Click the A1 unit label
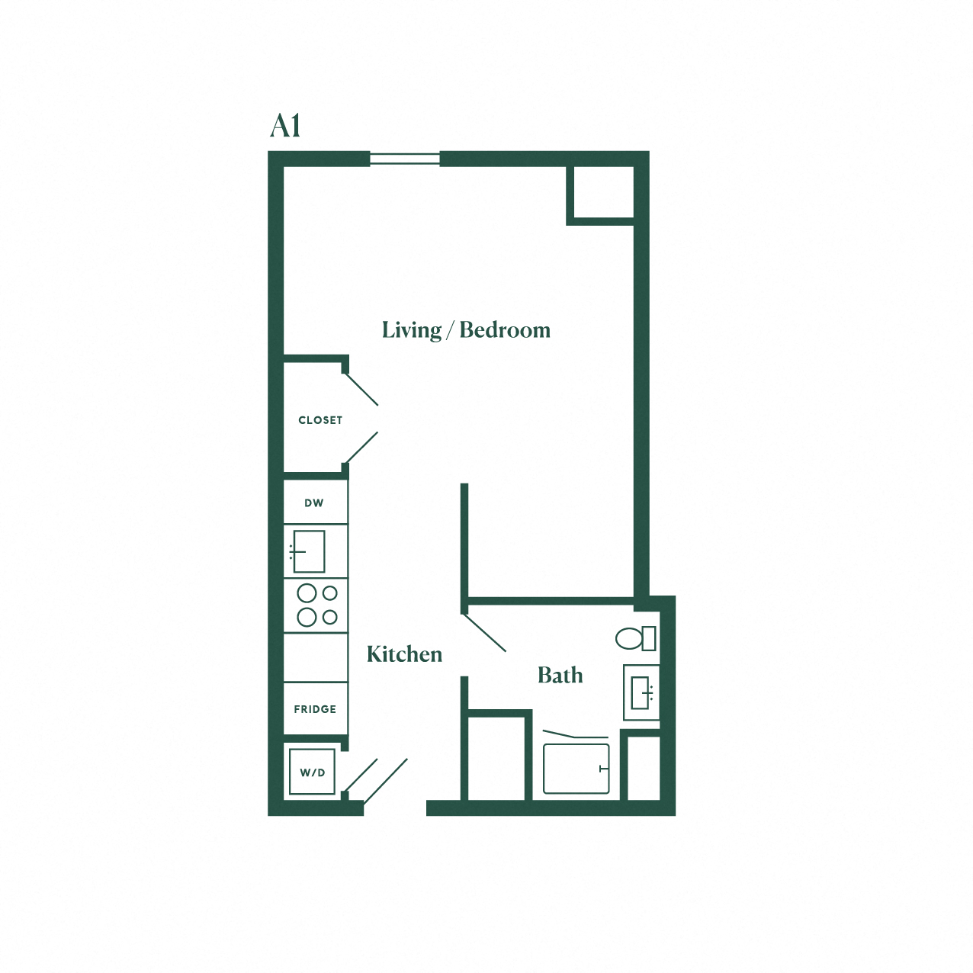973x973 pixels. (x=285, y=126)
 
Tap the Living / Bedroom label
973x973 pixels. (x=466, y=330)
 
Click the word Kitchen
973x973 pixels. (x=404, y=654)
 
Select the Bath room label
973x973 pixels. (x=560, y=675)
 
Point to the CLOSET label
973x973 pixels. (x=320, y=420)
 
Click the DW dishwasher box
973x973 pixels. (x=316, y=502)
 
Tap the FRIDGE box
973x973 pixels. (x=316, y=708)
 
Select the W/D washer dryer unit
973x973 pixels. (x=312, y=772)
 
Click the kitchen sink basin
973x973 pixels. (x=309, y=551)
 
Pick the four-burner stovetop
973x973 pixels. (x=316, y=605)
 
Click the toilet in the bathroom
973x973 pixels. (x=636, y=639)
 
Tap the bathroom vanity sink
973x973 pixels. (x=641, y=692)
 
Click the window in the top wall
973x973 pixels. (x=404, y=159)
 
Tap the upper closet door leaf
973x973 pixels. (x=361, y=390)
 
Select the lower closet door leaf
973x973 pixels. (x=361, y=448)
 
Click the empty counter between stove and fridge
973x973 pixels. (x=316, y=657)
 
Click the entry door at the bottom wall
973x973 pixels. (x=385, y=781)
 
